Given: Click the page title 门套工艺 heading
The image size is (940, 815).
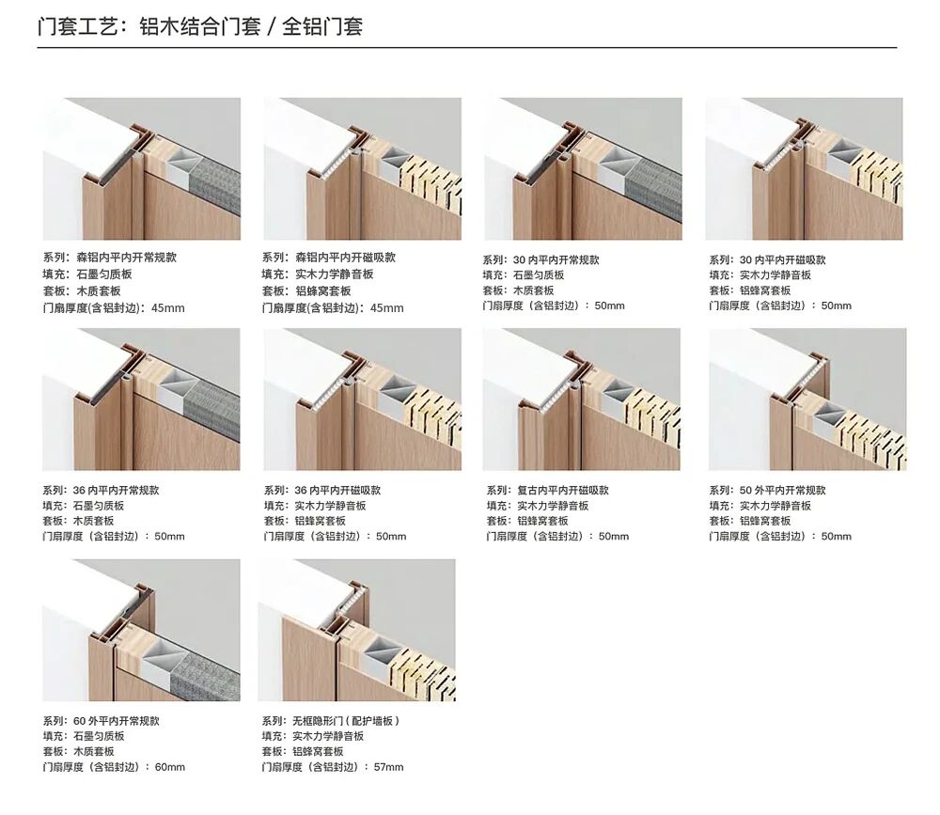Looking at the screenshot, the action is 200,26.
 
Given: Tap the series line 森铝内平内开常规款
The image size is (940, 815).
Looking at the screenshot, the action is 110,258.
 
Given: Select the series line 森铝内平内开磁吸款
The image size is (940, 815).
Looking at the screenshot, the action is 328,258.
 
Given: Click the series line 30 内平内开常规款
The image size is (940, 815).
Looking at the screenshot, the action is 540,259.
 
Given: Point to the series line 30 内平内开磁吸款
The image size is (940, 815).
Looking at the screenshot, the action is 767,259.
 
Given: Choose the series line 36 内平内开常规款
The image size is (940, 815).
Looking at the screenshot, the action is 101,490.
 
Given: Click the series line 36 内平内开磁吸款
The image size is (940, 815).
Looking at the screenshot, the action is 322,490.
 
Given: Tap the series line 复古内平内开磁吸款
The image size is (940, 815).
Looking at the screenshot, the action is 548,490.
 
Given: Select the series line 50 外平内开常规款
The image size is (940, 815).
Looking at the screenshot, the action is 767,490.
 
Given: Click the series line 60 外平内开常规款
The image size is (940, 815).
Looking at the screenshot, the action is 101,721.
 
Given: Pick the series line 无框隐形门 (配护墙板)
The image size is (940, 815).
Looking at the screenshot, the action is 331,721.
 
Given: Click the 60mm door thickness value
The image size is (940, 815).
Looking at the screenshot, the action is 170,767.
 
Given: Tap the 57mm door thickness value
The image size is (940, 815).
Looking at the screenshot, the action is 388,767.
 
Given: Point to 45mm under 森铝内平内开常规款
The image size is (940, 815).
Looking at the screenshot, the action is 168,308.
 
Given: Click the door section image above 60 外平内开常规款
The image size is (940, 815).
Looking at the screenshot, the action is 142,631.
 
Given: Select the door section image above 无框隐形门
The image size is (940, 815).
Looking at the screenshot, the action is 356,631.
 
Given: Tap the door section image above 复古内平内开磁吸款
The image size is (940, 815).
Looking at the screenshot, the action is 582,400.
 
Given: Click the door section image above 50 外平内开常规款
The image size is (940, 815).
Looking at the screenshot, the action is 807,400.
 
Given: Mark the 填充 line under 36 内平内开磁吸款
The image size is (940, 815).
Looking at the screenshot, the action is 315,506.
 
